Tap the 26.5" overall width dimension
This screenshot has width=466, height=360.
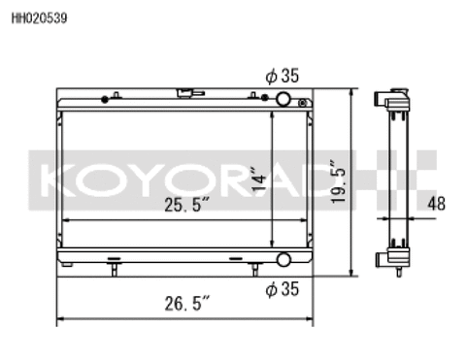tap(184, 303)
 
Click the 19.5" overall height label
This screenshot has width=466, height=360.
tap(335, 180)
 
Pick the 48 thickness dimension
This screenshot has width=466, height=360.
tap(438, 203)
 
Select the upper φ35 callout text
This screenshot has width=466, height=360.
tap(281, 76)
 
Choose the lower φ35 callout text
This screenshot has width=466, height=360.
tap(281, 288)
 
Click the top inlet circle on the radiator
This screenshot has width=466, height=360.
tap(283, 100)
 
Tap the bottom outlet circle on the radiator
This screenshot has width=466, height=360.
tap(283, 260)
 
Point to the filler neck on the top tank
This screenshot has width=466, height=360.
tap(183, 94)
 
